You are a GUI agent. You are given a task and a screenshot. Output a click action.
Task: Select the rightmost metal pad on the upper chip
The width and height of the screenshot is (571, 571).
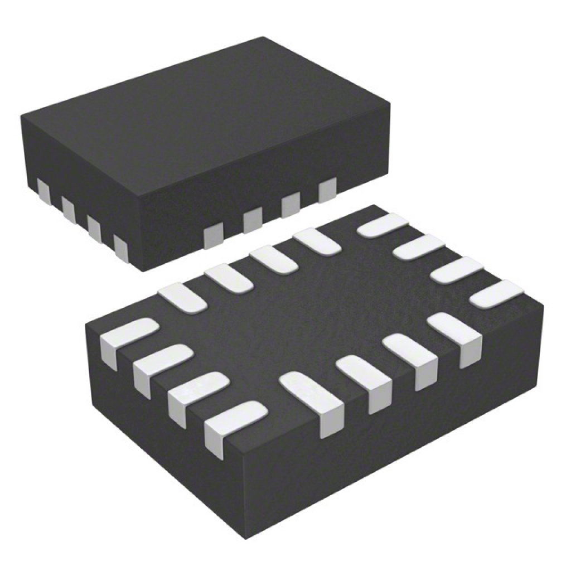point(327,188)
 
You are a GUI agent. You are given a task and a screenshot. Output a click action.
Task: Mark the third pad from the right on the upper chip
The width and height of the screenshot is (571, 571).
point(253,219)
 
